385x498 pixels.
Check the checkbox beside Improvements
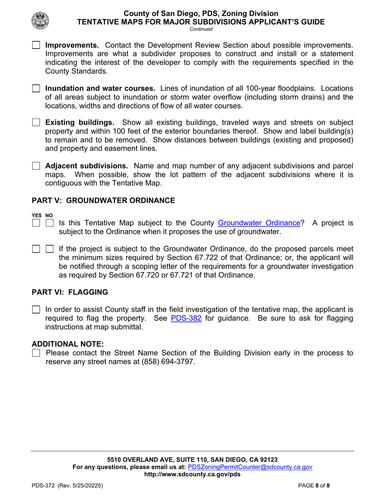[x=36, y=45]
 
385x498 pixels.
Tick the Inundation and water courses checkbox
[x=36, y=88]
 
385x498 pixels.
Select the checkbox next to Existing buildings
[x=36, y=122]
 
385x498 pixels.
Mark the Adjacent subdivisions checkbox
[x=36, y=166]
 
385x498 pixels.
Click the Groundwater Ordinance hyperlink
[x=259, y=223]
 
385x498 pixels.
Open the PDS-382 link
[x=186, y=318]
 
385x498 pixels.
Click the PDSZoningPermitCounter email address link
[x=250, y=467]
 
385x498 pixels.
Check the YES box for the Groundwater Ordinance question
[x=36, y=223]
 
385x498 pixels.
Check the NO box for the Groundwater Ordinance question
[x=49, y=223]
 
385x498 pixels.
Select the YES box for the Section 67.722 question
[x=36, y=249]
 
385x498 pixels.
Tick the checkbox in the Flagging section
[x=36, y=309]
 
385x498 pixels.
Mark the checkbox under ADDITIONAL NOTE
[x=36, y=353]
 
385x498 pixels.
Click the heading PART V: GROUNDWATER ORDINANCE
[x=103, y=200]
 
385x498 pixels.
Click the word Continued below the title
[x=201, y=29]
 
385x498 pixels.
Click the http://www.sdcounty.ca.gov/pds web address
[x=192, y=474]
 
